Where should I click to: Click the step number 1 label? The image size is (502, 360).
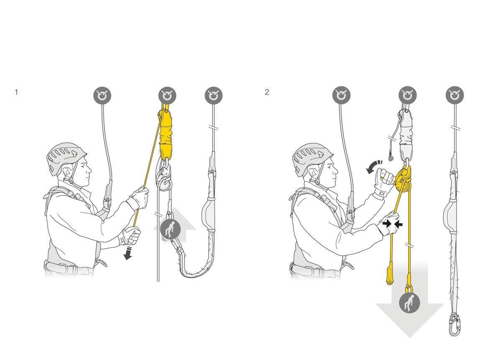pos(16,92)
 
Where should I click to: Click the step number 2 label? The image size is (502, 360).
pos(267,92)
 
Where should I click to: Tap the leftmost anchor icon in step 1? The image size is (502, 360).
pos(102,96)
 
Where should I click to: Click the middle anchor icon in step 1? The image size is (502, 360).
pos(167,96)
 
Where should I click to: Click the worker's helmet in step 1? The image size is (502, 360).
pos(66,157)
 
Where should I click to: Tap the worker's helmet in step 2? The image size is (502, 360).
pos(312,157)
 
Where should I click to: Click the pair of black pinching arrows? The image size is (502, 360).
pos(393,224)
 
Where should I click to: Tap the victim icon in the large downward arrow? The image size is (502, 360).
pos(409,303)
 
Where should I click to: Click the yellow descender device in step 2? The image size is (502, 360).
pos(404,179)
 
